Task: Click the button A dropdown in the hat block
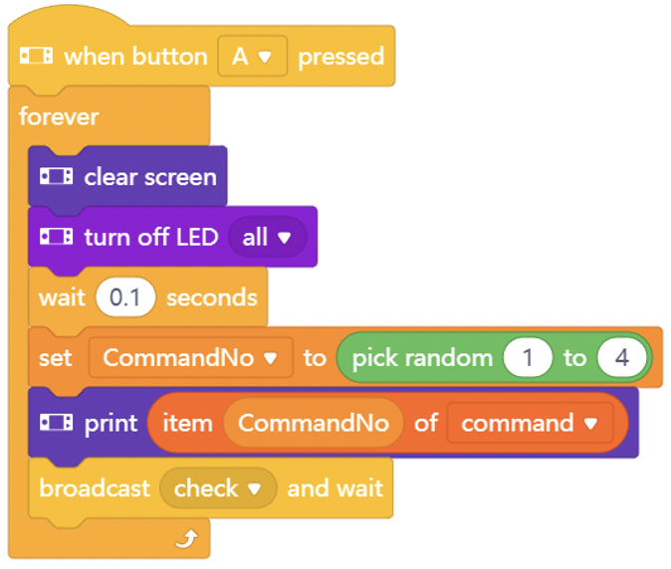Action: (x=252, y=56)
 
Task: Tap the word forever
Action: (x=59, y=116)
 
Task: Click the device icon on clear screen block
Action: (x=56, y=176)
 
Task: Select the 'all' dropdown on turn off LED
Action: (x=268, y=237)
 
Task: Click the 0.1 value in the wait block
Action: (x=125, y=297)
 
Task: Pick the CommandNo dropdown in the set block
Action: (x=191, y=357)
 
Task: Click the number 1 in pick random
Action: (x=528, y=357)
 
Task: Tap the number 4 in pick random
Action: (x=622, y=357)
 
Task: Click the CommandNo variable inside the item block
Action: (x=314, y=423)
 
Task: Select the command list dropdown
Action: (x=530, y=423)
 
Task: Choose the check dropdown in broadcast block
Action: (x=218, y=487)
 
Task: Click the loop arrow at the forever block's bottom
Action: (x=187, y=538)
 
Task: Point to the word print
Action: (x=111, y=424)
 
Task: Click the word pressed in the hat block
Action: (x=341, y=57)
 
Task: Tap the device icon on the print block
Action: (x=56, y=423)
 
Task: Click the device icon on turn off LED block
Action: (x=56, y=237)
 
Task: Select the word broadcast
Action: (x=95, y=487)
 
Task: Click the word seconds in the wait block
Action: (x=212, y=297)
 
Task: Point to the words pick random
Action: (x=422, y=358)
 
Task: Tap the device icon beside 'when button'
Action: (x=37, y=56)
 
